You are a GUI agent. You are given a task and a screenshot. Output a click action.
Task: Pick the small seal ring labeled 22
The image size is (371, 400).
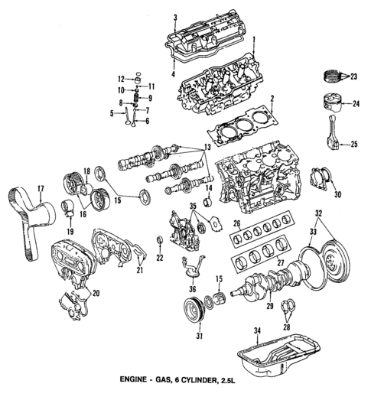(x=159, y=243)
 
